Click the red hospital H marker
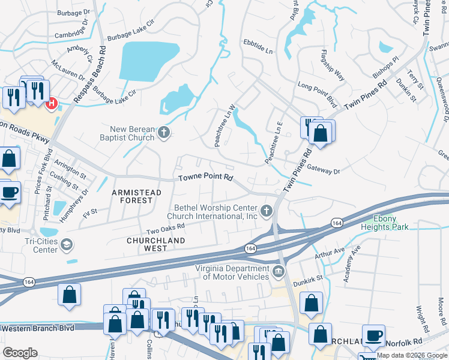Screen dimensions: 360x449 point(51,103)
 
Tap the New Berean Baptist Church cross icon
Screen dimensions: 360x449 point(163,133)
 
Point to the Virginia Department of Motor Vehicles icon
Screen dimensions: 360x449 point(278,272)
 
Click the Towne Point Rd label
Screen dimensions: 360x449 point(205,178)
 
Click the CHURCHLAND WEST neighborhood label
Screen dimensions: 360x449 point(155,241)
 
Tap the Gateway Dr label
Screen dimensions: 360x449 point(323,171)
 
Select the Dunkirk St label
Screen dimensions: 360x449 point(308,278)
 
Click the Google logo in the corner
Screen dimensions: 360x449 point(20,353)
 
